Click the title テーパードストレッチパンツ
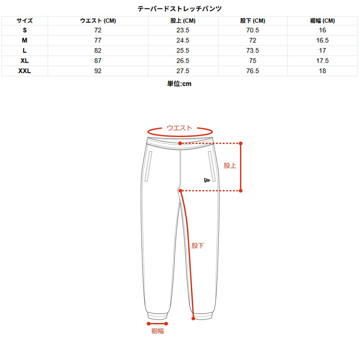click(x=179, y=9)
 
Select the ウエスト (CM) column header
click(x=98, y=21)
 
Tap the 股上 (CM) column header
click(x=183, y=21)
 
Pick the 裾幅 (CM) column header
click(x=322, y=21)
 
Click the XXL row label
click(x=25, y=71)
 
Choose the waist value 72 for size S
click(x=98, y=30)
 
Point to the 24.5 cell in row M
click(x=183, y=40)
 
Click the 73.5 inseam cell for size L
click(x=253, y=50)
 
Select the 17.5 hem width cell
click(x=322, y=61)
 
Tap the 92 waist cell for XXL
click(x=98, y=71)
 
